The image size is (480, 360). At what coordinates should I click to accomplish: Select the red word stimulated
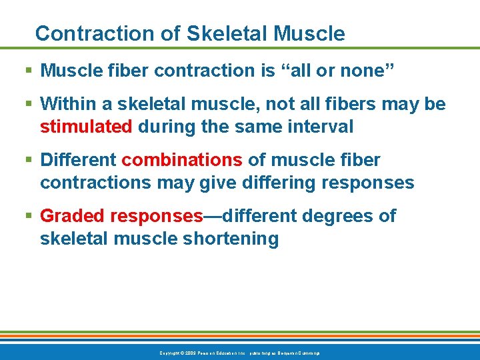(86, 127)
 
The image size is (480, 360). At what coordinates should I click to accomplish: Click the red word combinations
(182, 160)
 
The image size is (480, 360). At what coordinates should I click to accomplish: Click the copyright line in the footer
(239, 352)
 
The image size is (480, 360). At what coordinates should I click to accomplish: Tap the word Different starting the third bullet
(78, 160)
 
